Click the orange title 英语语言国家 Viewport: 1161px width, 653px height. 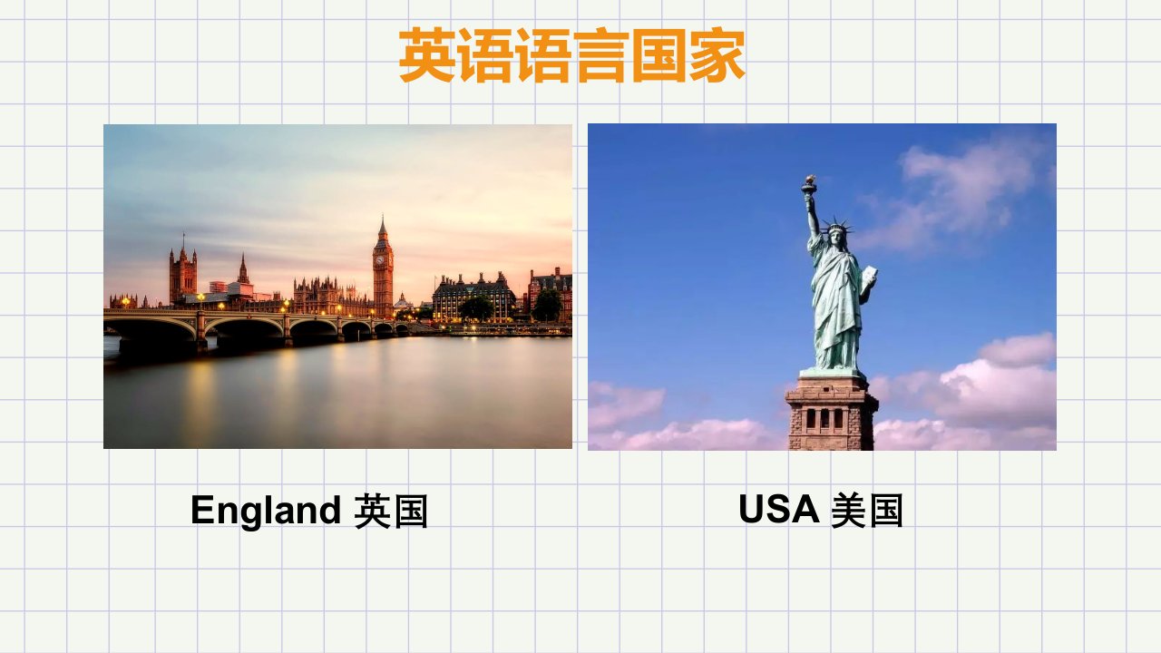click(571, 55)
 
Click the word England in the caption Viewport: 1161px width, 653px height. click(266, 511)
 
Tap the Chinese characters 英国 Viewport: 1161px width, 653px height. click(391, 511)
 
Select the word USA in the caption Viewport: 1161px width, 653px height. click(779, 509)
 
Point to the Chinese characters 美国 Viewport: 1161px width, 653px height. click(866, 511)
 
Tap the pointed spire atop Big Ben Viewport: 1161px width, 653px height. click(383, 228)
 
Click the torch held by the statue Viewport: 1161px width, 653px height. click(808, 186)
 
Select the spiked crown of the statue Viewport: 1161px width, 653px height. click(836, 226)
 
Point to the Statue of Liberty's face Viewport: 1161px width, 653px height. click(835, 238)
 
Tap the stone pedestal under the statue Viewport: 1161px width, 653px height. click(832, 412)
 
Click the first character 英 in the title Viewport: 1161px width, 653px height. click(427, 55)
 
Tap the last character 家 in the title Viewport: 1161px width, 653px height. click(717, 55)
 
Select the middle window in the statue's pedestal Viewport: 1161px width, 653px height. click(824, 419)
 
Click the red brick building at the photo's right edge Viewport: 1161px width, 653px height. click(551, 293)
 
